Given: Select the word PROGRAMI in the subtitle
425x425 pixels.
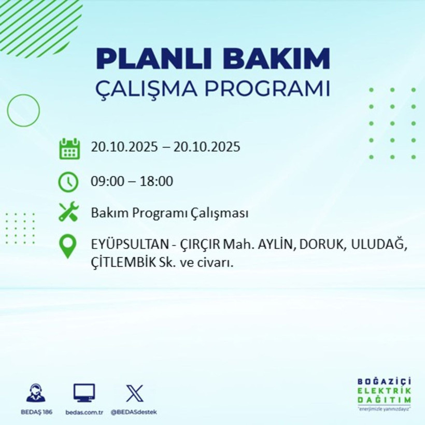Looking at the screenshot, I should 266,88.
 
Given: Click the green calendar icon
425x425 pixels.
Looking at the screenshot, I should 69,148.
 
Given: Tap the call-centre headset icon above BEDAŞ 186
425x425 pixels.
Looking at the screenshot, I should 36,393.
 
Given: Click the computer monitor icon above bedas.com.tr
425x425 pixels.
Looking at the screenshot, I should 84,393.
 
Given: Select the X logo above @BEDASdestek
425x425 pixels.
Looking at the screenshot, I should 134,393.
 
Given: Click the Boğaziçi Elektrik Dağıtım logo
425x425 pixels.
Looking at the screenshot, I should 384,394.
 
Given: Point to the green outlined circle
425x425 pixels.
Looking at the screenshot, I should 23,110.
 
